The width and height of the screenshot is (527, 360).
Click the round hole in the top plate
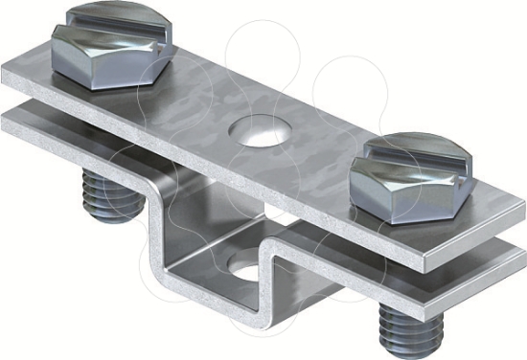tap(260, 131)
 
